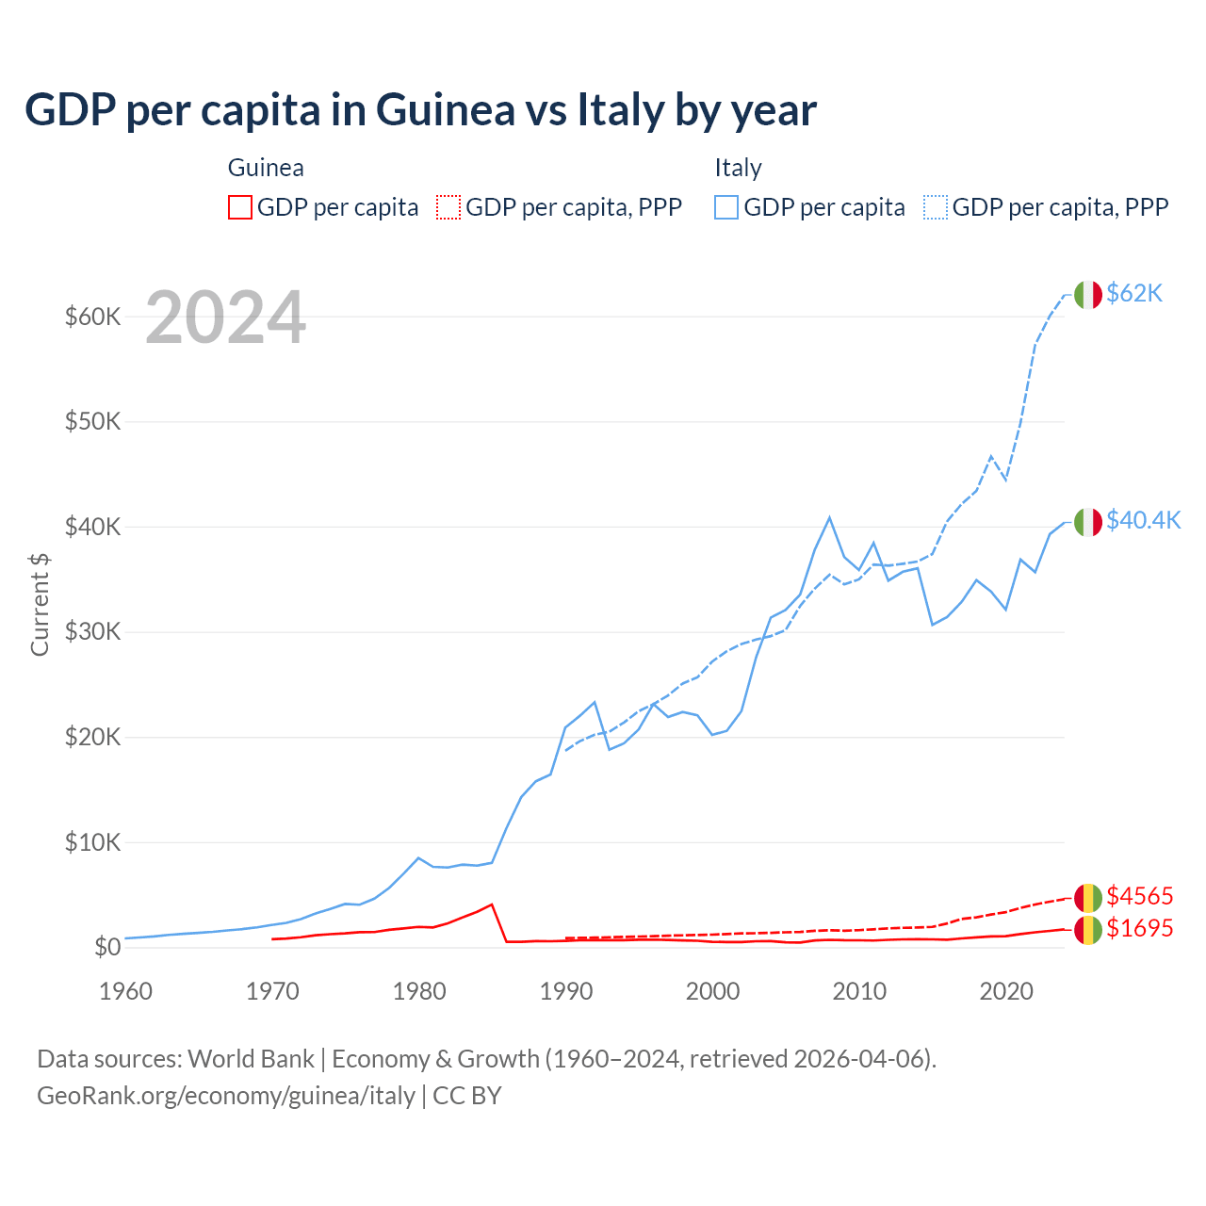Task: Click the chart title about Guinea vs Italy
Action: (x=420, y=110)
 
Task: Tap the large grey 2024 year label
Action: (x=225, y=318)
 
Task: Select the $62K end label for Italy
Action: (x=1134, y=294)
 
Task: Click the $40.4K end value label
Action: (x=1143, y=521)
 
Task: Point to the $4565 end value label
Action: (x=1139, y=896)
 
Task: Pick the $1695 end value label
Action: (x=1139, y=928)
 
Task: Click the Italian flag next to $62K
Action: (x=1088, y=295)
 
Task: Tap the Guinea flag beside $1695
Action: (x=1088, y=929)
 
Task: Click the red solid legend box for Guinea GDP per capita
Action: (x=240, y=207)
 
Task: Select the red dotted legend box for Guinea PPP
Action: (x=448, y=207)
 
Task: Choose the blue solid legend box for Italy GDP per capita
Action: (x=726, y=207)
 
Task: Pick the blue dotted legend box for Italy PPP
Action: (x=936, y=207)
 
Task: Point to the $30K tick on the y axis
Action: (x=92, y=632)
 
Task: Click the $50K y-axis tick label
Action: (x=92, y=421)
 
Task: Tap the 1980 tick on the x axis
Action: (x=419, y=991)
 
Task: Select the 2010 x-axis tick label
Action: (x=859, y=991)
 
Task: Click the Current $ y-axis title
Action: (x=40, y=604)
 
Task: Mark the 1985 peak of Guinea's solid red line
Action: (x=492, y=904)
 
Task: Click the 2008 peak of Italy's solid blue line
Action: (x=829, y=517)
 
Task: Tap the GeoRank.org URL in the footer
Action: (x=226, y=1096)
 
